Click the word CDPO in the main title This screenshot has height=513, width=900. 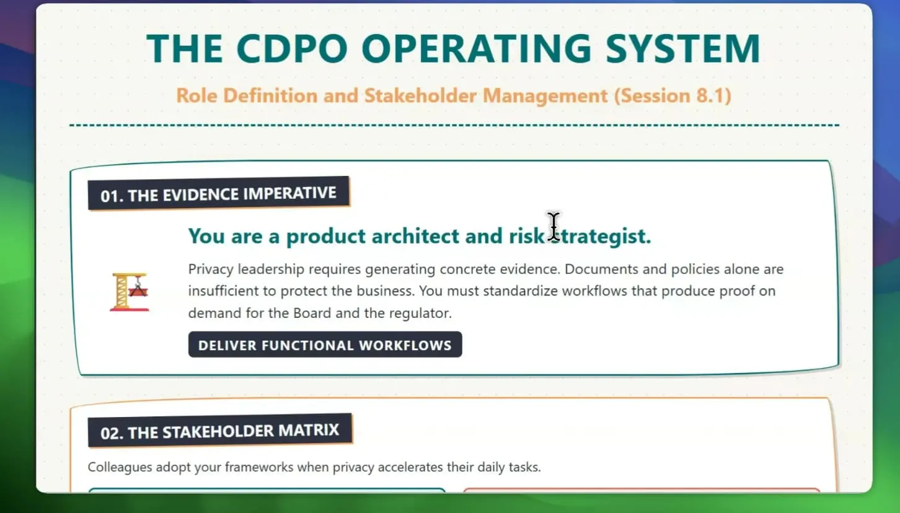pyautogui.click(x=292, y=48)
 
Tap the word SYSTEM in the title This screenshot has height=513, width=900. pyautogui.click(x=682, y=48)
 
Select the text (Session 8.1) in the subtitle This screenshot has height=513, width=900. pyautogui.click(x=673, y=96)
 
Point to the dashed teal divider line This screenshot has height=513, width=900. pyautogui.click(x=454, y=125)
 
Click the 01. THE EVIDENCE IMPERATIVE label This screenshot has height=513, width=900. pyautogui.click(x=219, y=194)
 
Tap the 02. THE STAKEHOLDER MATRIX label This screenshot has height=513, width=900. pyautogui.click(x=220, y=431)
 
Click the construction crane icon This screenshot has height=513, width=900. pyautogui.click(x=130, y=292)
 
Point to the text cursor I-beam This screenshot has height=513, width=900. pyautogui.click(x=554, y=227)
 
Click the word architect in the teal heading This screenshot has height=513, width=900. pyautogui.click(x=415, y=236)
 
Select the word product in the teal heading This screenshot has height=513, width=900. pyautogui.click(x=325, y=237)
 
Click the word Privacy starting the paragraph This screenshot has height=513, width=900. pyautogui.click(x=211, y=269)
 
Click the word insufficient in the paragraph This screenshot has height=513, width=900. pyautogui.click(x=223, y=291)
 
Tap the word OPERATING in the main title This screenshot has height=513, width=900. pyautogui.click(x=476, y=48)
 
